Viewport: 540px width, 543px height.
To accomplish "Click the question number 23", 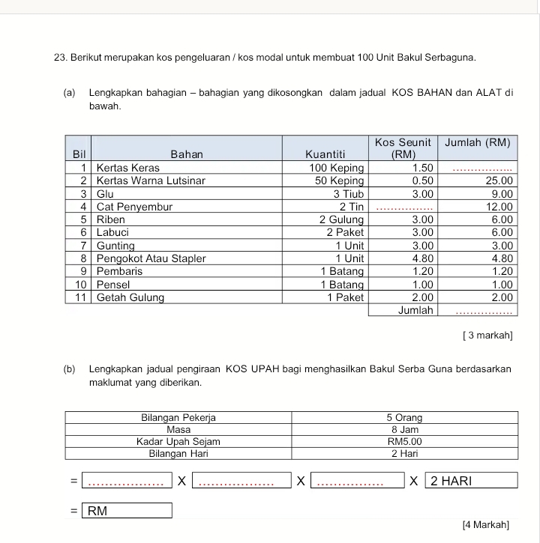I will point(61,57).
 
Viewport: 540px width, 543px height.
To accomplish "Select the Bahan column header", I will point(186,154).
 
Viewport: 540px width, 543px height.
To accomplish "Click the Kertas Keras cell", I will point(127,168).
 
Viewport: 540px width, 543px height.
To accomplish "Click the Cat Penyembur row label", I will point(135,206).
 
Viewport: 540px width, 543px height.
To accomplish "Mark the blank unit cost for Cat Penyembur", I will point(403,207).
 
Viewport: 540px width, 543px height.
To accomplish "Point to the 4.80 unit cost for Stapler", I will point(424,258).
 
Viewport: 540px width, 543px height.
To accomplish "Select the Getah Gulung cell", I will point(131,297).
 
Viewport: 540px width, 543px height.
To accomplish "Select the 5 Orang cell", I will point(404,417).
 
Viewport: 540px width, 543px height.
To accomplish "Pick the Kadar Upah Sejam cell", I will point(178,442).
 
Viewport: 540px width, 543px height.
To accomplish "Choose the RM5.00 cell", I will point(404,442).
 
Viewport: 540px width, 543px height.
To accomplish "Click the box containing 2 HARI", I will point(471,480).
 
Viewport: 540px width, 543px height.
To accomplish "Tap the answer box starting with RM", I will point(127,512).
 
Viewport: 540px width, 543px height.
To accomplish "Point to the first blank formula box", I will point(126,480).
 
